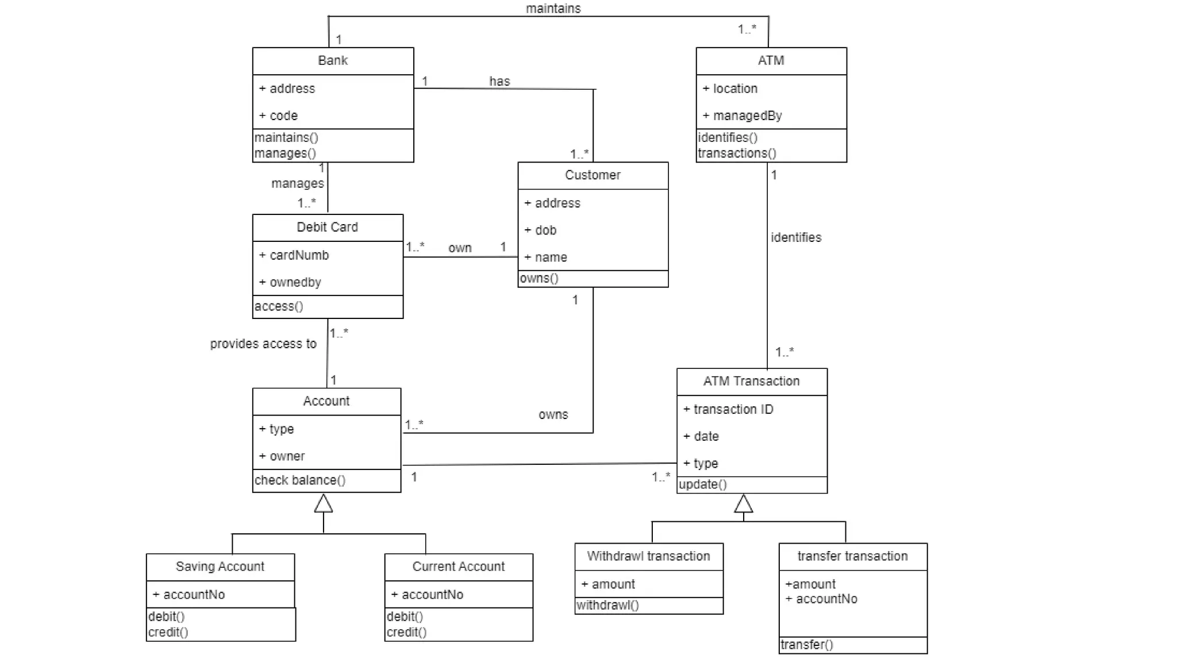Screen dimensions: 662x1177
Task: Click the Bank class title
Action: pos(333,60)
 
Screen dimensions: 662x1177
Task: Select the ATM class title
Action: pos(771,60)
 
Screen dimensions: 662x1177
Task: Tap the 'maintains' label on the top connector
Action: pos(553,8)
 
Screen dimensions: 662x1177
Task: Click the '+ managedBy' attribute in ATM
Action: pos(747,116)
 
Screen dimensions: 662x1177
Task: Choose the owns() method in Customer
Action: pos(539,278)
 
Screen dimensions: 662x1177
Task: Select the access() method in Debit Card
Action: pos(279,306)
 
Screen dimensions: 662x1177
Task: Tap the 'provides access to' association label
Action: pos(263,344)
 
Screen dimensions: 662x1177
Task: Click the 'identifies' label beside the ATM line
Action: pos(796,237)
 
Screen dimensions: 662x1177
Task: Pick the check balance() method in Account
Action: pos(300,480)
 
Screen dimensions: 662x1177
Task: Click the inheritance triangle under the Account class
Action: pos(324,503)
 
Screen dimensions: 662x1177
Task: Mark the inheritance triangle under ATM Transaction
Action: pos(744,503)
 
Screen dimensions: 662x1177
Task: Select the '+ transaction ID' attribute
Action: pos(733,409)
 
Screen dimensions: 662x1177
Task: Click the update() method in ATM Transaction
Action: pos(702,484)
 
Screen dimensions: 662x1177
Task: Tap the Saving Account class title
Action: pos(220,567)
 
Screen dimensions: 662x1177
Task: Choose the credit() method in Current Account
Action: pos(406,632)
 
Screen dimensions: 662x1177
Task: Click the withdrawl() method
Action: pos(607,605)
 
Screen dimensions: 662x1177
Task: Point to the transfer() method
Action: pos(807,645)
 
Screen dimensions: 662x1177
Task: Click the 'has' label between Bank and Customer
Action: pos(499,81)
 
